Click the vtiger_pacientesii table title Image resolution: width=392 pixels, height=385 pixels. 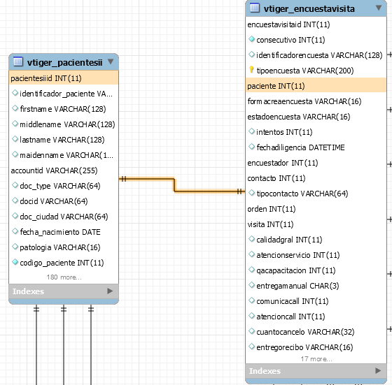pos(64,62)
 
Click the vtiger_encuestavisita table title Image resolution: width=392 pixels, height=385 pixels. pos(309,8)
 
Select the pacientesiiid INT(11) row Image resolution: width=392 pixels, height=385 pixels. pos(46,78)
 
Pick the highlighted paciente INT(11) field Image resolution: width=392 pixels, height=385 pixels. pos(276,86)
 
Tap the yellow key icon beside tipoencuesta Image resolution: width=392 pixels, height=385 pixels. pos(251,70)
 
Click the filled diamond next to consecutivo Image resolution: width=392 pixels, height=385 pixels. pos(251,39)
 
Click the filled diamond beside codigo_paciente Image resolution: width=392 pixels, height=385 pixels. pos(15,262)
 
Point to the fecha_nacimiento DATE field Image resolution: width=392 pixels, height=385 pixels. pos(60,232)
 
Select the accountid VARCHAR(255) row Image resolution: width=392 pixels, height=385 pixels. pos(54,170)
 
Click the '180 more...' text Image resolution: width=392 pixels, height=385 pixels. pos(64,277)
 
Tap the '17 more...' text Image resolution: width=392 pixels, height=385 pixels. pos(316,359)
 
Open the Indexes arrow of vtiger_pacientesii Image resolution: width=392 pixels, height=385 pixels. pos(110,291)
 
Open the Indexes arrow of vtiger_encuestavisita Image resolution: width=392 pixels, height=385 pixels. pos(378,370)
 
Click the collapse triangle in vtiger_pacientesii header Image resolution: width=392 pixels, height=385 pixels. pos(111,61)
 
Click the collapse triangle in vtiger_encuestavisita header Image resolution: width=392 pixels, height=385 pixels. pos(379,8)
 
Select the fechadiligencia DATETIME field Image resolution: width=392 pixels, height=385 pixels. pos(300,147)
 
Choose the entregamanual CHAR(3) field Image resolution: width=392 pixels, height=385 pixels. pos(297,286)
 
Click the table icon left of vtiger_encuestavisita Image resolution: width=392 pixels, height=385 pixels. pos(255,8)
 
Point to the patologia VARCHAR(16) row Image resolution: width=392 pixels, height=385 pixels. pos(60,247)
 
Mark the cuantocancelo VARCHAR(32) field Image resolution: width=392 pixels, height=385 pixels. pos(305,332)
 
